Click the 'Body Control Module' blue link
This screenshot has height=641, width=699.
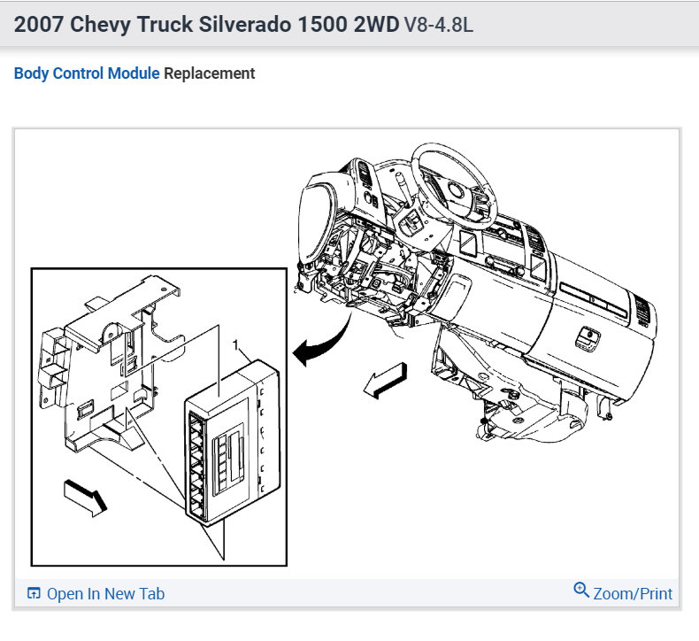click(x=87, y=73)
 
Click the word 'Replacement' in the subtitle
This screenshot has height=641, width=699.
click(x=210, y=73)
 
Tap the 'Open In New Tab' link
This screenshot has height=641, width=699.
click(x=105, y=594)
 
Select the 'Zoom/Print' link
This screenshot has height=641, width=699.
click(x=633, y=594)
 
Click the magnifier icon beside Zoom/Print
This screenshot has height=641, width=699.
click(x=581, y=591)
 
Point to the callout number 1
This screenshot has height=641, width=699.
click(x=235, y=343)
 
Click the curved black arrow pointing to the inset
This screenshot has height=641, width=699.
click(x=320, y=345)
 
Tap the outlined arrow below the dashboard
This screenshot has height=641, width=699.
click(x=385, y=381)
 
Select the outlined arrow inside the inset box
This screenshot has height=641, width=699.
click(x=86, y=495)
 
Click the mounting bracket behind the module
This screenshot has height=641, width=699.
click(x=106, y=372)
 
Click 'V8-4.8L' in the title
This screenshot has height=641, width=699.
click(x=438, y=24)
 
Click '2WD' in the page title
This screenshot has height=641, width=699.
click(x=376, y=24)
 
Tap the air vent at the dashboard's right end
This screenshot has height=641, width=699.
click(x=642, y=309)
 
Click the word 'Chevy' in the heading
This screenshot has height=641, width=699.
click(x=102, y=24)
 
